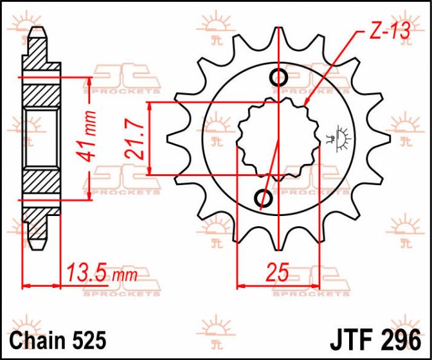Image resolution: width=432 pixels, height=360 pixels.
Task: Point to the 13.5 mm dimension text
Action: coord(102,273)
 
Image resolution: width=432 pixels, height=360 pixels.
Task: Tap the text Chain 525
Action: coord(58,340)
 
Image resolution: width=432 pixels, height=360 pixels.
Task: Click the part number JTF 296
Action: coord(375,340)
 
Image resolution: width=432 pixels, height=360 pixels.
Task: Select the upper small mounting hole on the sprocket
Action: coord(279,77)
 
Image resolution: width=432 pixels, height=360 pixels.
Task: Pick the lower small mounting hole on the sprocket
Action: coord(264,197)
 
